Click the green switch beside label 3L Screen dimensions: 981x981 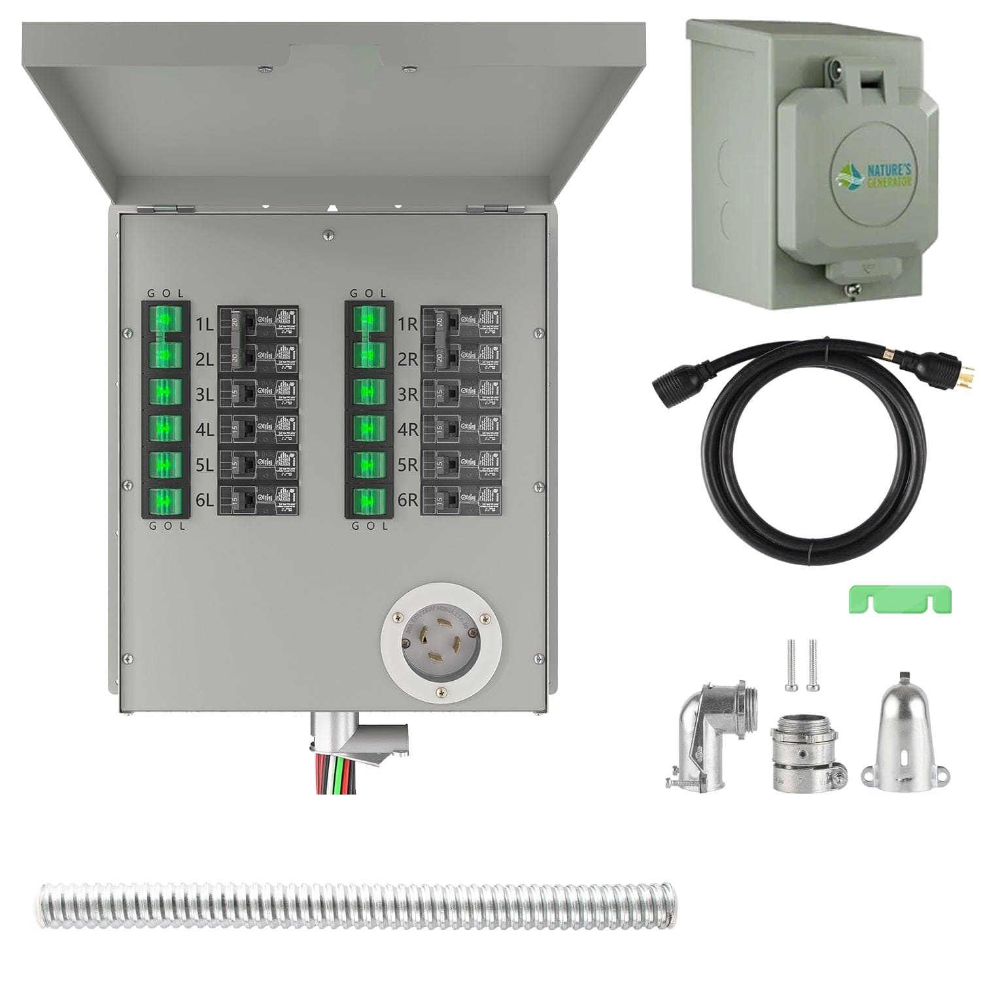165,392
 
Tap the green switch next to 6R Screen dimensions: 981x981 369,502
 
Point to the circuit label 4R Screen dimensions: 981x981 407,430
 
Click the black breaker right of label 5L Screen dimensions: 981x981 258,464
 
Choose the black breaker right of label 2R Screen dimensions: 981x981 461,358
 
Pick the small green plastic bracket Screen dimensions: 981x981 900,599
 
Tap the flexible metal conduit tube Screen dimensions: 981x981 356,907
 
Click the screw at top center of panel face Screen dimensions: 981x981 329,233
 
